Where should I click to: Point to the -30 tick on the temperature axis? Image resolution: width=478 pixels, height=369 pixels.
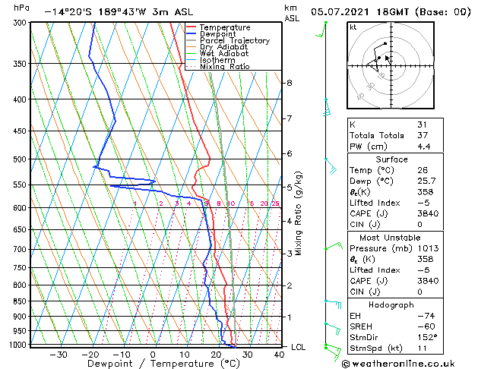pyautogui.click(x=59, y=354)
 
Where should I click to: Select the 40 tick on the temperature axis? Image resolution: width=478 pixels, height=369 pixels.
pyautogui.click(x=279, y=354)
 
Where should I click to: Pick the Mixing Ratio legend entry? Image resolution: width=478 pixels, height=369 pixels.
pyautogui.click(x=224, y=67)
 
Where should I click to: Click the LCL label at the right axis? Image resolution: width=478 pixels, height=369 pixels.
pyautogui.click(x=299, y=347)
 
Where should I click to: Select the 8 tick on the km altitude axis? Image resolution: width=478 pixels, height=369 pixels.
pyautogui.click(x=290, y=82)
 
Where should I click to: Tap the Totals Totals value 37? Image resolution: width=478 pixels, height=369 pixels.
pyautogui.click(x=422, y=135)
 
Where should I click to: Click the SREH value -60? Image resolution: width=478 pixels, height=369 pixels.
pyautogui.click(x=425, y=326)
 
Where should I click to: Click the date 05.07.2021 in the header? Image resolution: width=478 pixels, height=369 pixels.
pyautogui.click(x=342, y=11)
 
